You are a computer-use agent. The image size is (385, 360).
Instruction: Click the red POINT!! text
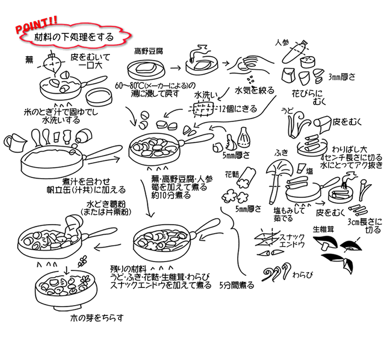pos(36,25)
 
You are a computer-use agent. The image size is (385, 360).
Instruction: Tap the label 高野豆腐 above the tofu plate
pos(148,51)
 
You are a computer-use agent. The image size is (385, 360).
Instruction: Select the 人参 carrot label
pos(282,43)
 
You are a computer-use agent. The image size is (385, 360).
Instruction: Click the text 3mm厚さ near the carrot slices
pos(342,77)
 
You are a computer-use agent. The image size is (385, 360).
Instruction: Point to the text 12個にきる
pos(238,109)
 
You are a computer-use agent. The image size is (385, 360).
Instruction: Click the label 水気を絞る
pos(254,90)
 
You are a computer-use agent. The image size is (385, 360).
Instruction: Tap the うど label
pos(287,111)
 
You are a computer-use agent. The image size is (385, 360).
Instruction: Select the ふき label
pos(281,153)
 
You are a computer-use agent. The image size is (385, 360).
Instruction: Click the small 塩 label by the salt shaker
pos(309,171)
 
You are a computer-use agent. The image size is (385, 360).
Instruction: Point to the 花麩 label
pos(232,174)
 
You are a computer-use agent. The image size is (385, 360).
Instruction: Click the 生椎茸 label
pos(323,229)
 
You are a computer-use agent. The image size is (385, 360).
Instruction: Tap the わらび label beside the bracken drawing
pos(302,275)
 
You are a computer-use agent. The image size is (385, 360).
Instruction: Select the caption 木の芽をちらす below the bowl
pos(96,318)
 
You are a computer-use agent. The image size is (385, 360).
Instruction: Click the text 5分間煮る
pos(237,285)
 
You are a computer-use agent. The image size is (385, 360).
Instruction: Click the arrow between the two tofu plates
pos(175,68)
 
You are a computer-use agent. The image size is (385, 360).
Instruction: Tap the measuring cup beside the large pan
pos(15,143)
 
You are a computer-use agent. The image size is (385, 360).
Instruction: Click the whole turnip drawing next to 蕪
pos(53,63)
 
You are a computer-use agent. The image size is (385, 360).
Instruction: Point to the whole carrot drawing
pos(294,52)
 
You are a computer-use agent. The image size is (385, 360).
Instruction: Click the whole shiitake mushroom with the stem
pos(326,242)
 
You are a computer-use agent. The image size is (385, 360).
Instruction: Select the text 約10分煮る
pos(171,196)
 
